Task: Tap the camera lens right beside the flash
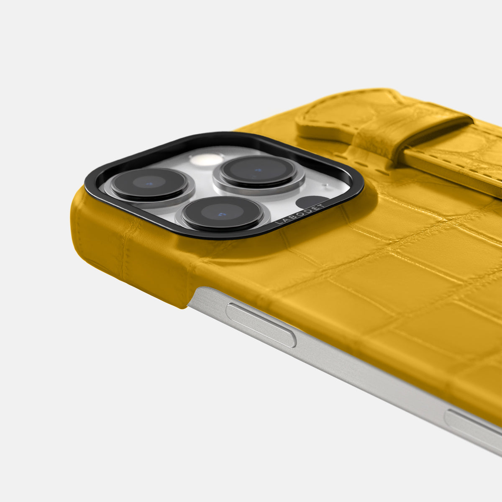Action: [x=258, y=171]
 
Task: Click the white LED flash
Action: [x=207, y=159]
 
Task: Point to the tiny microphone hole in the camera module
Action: [x=325, y=185]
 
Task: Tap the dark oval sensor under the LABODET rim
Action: [x=311, y=202]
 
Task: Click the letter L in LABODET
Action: [x=277, y=223]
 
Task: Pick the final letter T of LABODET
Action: [x=323, y=205]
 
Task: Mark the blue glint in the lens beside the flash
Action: [x=258, y=170]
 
